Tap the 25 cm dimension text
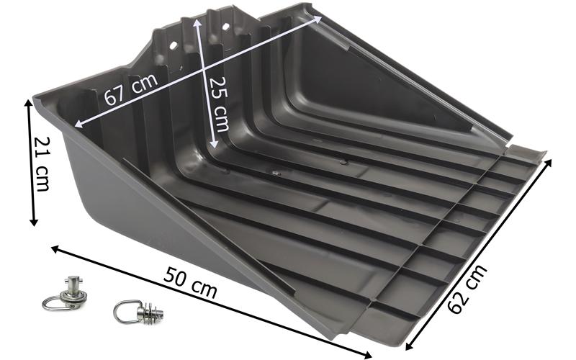219,104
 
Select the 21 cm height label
41,164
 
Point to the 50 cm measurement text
190,282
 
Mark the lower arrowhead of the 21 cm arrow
34,222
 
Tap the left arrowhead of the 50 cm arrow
55,249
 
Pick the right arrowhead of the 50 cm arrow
367,355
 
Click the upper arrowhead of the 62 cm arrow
548,163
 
